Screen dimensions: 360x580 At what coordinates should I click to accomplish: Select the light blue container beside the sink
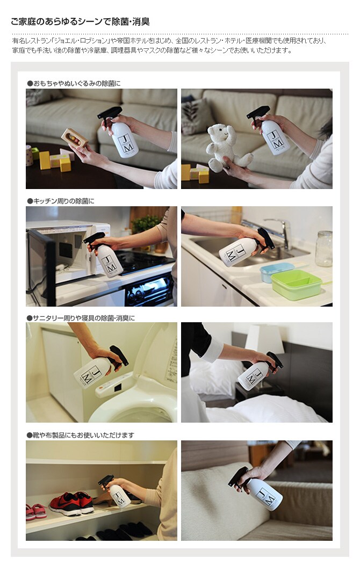[276, 272]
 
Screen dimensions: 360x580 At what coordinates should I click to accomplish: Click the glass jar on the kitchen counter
[324, 249]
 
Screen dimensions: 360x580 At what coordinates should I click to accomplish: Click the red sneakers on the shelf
[71, 503]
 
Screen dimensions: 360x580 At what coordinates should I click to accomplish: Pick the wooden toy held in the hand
[75, 137]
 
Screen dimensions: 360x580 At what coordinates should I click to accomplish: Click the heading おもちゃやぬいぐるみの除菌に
[74, 84]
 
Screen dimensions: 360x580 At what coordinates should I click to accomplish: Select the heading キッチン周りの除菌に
[61, 201]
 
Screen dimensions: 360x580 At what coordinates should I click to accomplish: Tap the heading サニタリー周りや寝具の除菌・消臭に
[81, 318]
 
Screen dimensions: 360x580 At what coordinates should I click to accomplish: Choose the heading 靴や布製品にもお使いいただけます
[80, 436]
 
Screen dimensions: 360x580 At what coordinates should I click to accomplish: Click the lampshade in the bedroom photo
[264, 338]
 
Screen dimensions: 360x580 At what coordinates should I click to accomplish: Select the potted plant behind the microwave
[145, 224]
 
